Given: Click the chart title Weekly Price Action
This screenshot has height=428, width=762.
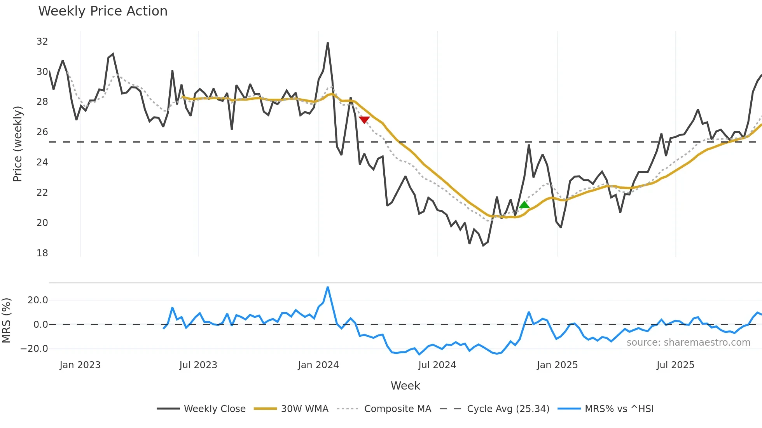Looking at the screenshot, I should point(103,11).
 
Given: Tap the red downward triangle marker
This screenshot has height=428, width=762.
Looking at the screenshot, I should point(364,120).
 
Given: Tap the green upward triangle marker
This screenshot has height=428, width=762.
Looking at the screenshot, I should point(524,205).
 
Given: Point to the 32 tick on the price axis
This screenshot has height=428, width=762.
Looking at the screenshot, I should point(42,42).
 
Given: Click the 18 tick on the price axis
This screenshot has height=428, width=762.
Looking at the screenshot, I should point(42,253).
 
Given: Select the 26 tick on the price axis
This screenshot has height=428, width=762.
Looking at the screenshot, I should point(42,132).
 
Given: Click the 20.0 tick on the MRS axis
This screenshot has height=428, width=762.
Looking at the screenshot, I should point(38,300).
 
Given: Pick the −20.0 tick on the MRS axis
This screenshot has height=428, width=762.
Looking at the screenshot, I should point(34,349).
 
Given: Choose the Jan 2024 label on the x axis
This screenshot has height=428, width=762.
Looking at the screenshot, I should point(318,365).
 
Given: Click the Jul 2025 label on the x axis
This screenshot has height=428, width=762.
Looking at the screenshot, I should point(675,365).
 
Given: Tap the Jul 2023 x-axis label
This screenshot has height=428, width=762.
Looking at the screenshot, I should point(198,365).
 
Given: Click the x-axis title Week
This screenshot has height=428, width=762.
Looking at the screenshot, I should point(405,386).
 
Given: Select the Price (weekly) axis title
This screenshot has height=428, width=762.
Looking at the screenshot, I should point(17,144).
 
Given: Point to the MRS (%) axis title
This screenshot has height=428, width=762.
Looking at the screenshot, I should point(6,320).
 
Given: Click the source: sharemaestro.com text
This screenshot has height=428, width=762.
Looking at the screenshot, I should point(688,343).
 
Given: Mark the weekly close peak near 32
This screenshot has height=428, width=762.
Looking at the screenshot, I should point(328,43).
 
